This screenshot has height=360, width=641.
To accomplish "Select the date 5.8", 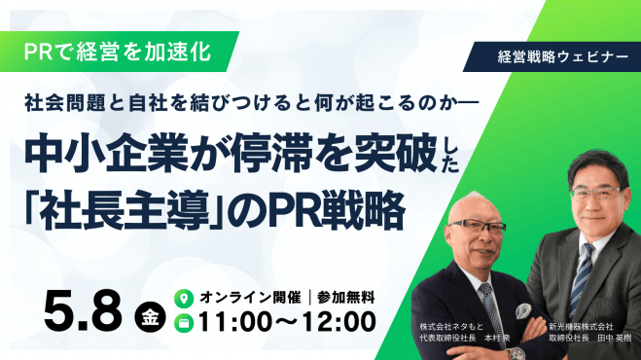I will (84, 309).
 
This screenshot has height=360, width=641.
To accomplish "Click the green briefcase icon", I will (181, 320).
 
